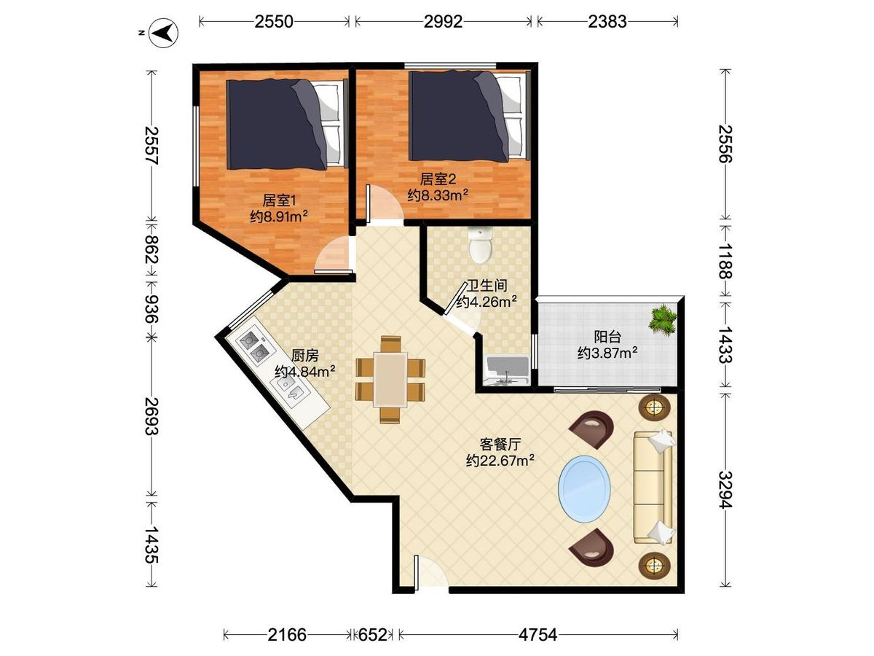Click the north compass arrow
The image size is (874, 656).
pos(163,33)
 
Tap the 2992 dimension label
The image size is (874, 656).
pos(443,22)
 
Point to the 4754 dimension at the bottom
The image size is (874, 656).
pos(538,634)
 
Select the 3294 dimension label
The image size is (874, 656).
pos(725,490)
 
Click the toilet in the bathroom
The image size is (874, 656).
pos(480,245)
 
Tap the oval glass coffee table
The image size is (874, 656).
pos(584,488)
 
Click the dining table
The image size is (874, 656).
pos(390,380)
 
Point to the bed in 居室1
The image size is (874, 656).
pos(287,123)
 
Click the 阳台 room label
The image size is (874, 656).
pos(607,337)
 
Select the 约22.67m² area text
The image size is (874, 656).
pos(500,461)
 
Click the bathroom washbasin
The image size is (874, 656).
pos(507,370)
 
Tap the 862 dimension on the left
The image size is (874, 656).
pos(151,250)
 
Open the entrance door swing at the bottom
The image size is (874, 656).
pos(431,572)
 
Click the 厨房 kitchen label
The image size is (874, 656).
pos(305,355)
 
